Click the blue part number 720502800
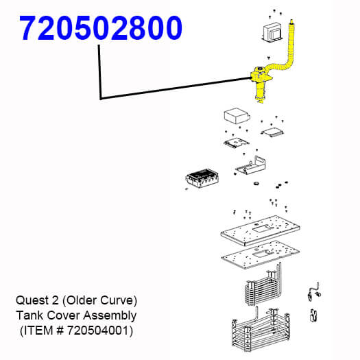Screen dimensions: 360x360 (x=101, y=28)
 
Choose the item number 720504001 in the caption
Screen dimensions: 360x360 (x=97, y=331)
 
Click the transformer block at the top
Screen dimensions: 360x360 (x=272, y=33)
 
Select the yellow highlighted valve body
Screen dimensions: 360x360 (x=261, y=84)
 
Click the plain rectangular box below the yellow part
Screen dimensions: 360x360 (x=237, y=115)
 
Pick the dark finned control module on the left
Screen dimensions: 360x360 (x=202, y=178)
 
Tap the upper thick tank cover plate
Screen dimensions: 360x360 (x=260, y=230)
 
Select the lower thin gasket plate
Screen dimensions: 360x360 (x=260, y=255)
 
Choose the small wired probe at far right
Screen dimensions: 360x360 (x=313, y=291)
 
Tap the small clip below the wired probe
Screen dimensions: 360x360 (x=313, y=315)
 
